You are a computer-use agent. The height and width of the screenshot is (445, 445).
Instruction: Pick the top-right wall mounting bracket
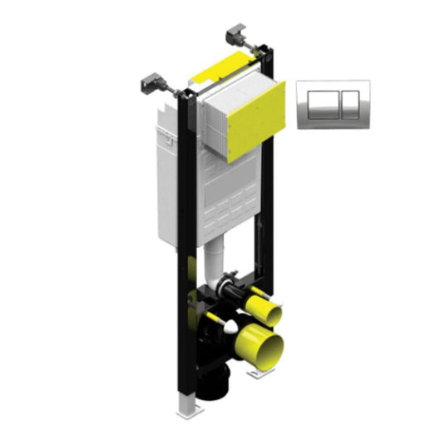tap(235, 36)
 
